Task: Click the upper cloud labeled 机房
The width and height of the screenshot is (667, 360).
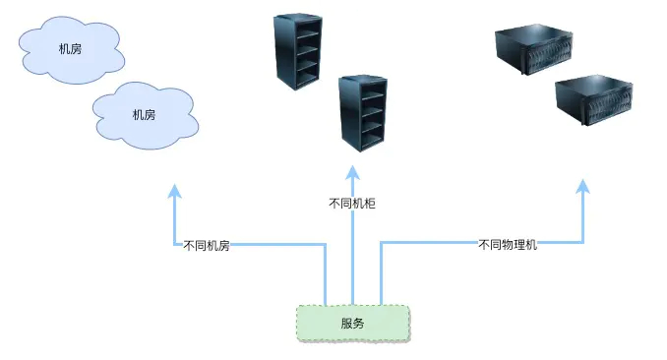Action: click(71, 50)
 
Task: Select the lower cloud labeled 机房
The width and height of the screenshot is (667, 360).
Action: click(145, 116)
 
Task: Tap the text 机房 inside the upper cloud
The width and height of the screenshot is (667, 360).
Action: click(70, 49)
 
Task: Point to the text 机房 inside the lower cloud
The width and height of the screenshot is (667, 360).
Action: click(145, 115)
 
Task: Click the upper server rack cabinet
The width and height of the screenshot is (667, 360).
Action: click(298, 51)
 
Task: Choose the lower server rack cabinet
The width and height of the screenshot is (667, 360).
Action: click(363, 113)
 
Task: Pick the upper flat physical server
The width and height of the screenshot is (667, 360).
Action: click(534, 50)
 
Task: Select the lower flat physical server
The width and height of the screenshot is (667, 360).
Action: click(594, 100)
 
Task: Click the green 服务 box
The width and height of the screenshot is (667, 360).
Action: click(353, 324)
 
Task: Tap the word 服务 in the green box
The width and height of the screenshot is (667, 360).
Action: click(352, 324)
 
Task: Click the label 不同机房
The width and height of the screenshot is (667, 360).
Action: click(207, 246)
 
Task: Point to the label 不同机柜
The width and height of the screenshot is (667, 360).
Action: click(352, 204)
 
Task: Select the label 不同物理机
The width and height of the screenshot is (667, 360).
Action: click(508, 245)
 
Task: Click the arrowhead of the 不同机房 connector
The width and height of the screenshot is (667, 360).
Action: click(174, 191)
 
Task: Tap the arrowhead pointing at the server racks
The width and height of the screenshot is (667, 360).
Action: click(352, 173)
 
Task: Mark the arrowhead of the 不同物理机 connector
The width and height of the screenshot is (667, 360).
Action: click(582, 186)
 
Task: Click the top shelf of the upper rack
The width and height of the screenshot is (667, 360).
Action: click(307, 34)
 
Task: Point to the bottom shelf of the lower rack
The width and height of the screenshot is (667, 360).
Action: click(373, 140)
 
